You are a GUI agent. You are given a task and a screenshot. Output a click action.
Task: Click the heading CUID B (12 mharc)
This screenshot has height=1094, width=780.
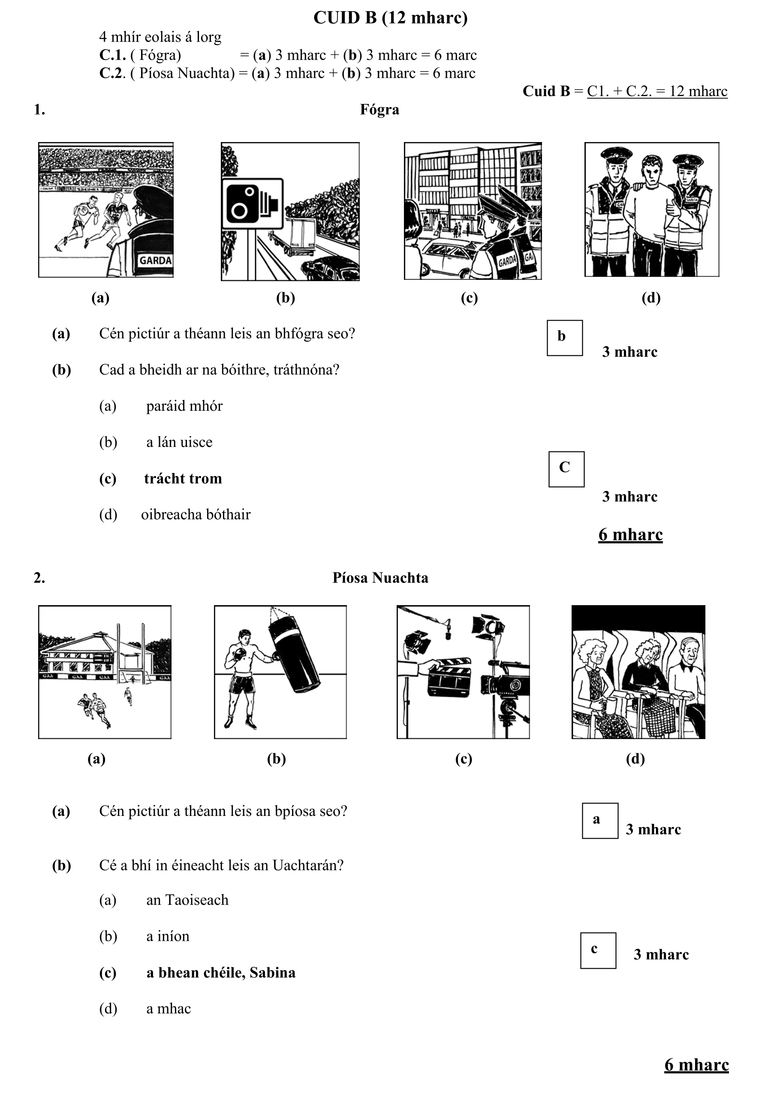390,18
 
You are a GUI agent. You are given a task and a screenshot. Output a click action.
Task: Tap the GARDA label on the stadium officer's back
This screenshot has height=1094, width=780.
155,261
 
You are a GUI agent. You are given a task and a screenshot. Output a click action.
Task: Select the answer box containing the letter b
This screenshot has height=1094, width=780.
564,338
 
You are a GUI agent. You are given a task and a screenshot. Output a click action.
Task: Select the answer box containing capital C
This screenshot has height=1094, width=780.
566,469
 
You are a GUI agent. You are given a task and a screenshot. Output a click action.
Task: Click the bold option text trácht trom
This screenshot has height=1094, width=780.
183,478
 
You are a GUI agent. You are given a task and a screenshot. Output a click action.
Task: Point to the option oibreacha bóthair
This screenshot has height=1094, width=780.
196,514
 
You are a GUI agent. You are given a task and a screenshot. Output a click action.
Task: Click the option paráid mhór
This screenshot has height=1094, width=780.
184,406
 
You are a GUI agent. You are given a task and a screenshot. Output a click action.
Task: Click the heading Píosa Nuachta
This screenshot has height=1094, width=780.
380,577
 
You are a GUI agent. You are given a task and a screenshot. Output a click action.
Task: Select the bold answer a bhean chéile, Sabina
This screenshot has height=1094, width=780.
220,973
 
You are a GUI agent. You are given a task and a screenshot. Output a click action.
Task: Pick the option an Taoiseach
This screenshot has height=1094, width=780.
187,900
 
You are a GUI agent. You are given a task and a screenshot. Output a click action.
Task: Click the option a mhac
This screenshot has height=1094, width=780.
168,1009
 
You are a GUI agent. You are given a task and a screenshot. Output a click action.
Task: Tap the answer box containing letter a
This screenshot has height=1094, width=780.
600,821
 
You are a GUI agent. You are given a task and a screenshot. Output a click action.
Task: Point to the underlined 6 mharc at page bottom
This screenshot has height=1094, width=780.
696,1065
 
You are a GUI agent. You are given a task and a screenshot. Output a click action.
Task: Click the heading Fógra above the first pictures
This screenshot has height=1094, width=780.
379,109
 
